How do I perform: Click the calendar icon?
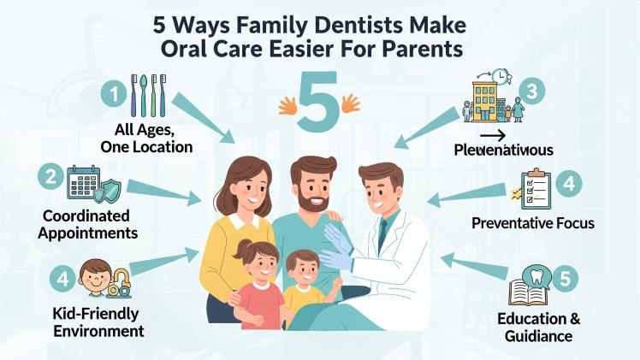(x=88, y=184)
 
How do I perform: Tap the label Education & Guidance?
(x=539, y=328)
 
